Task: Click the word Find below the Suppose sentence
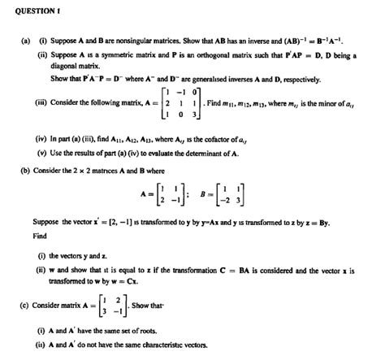(x=40, y=237)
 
